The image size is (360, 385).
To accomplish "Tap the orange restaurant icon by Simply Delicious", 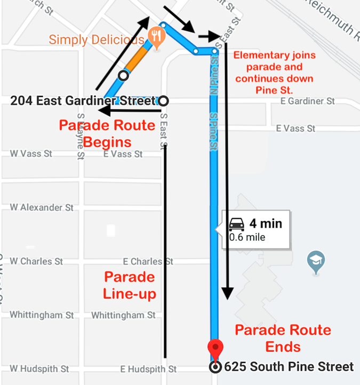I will click(x=156, y=36).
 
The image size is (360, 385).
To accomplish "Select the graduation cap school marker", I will click(x=316, y=261).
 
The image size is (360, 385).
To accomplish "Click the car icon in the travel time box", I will click(x=236, y=224).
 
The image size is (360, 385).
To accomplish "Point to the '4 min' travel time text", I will click(x=266, y=224).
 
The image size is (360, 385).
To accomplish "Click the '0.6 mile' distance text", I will click(x=247, y=237).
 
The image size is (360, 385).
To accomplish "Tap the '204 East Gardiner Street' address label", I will click(x=83, y=100).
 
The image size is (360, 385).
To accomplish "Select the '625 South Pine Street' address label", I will click(x=289, y=367).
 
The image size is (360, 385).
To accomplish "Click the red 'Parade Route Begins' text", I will click(x=107, y=134).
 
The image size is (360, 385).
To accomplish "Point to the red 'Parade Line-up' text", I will click(x=129, y=285).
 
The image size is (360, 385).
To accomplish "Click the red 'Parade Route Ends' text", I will click(x=283, y=338).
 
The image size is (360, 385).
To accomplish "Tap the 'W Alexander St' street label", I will click(x=42, y=207).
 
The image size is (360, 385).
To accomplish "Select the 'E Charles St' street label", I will click(x=148, y=261).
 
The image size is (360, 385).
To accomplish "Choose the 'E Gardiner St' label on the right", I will click(x=308, y=101).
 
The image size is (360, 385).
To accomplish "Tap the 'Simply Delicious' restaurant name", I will click(x=96, y=39).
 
